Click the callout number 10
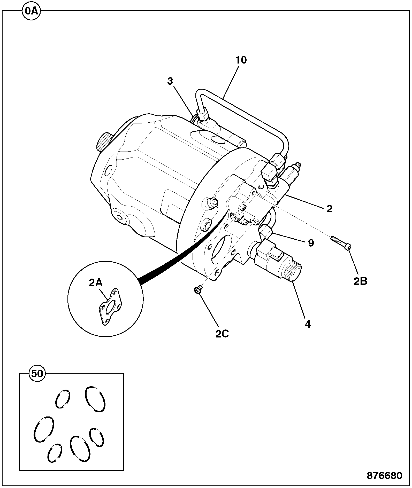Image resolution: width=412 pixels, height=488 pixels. [x=241, y=60]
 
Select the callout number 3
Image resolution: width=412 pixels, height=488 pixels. [x=170, y=81]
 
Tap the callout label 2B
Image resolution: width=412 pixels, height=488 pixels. [x=360, y=281]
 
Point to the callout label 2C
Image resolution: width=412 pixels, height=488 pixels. [x=222, y=334]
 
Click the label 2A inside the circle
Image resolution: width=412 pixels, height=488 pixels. [x=96, y=283]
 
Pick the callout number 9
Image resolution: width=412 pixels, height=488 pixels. [x=311, y=243]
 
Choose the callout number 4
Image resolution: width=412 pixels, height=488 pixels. [x=308, y=324]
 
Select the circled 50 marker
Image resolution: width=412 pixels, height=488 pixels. [x=37, y=374]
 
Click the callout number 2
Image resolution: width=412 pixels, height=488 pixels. [x=329, y=209]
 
